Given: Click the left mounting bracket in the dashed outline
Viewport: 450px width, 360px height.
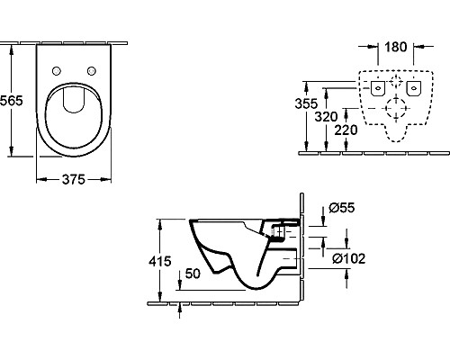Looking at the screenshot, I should (x=378, y=88).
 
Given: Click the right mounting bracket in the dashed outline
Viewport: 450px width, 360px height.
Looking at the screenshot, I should (x=415, y=88).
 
